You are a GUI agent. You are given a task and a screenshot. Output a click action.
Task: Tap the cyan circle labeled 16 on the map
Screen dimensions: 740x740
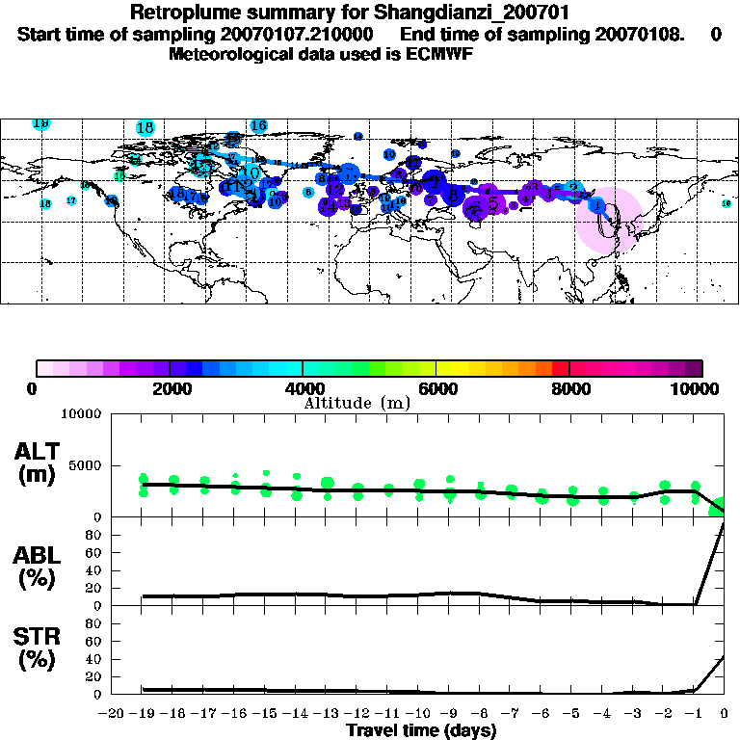258,125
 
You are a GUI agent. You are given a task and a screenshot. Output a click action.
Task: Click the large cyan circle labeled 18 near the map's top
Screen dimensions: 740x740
145,127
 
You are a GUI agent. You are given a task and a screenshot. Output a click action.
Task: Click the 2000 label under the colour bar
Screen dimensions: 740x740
169,389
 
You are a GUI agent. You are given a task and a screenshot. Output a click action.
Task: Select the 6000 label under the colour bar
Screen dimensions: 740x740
436,389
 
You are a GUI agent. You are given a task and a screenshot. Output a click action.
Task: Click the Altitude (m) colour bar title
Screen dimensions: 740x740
357,403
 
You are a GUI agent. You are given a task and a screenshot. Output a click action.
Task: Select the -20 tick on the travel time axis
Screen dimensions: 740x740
112,714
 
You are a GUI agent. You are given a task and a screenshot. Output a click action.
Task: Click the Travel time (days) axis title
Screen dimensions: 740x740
420,730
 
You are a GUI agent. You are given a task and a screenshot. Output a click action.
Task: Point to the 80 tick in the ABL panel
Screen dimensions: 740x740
96,552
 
